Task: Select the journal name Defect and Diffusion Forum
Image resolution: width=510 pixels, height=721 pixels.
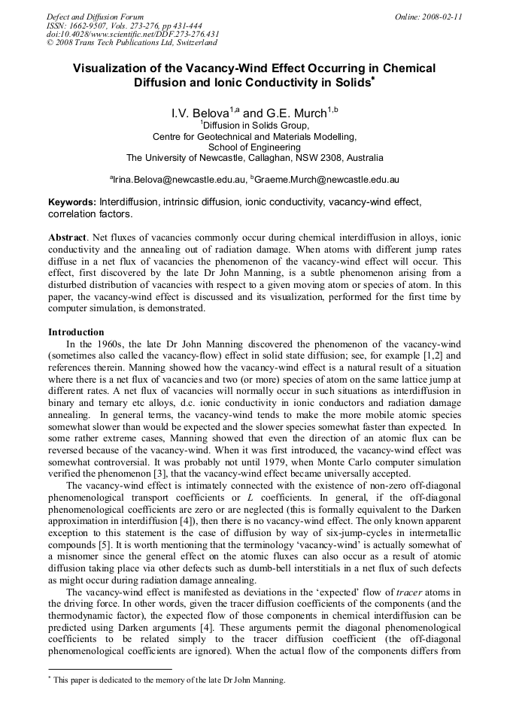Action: click(x=95, y=16)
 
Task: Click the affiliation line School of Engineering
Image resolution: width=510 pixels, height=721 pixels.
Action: click(x=254, y=147)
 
